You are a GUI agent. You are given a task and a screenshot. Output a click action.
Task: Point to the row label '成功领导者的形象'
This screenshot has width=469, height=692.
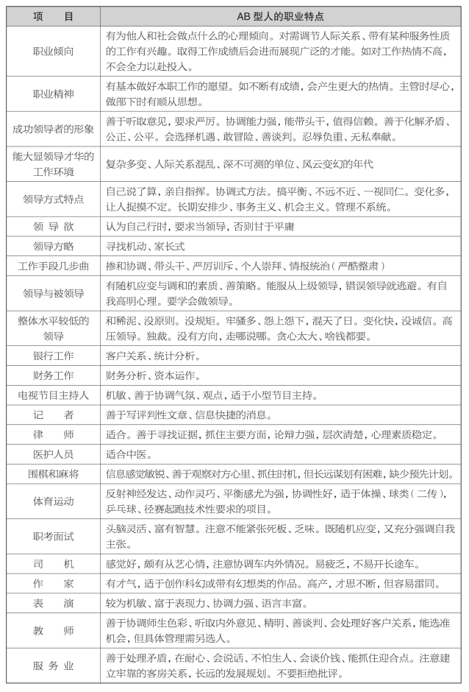(53, 129)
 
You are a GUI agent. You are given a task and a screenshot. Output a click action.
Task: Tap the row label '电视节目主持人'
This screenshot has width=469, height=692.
(53, 395)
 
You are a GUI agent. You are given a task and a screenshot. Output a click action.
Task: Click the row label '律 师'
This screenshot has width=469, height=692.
(53, 434)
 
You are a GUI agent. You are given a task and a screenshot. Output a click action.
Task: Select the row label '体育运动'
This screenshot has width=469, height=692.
(53, 501)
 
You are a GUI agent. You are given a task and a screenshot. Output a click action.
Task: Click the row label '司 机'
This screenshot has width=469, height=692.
(53, 565)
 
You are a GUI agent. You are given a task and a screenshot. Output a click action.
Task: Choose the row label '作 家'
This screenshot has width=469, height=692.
(53, 584)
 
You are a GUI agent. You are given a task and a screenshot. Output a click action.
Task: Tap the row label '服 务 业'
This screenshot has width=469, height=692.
(53, 666)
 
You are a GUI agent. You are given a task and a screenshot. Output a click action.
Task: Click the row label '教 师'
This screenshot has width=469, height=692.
(53, 631)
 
